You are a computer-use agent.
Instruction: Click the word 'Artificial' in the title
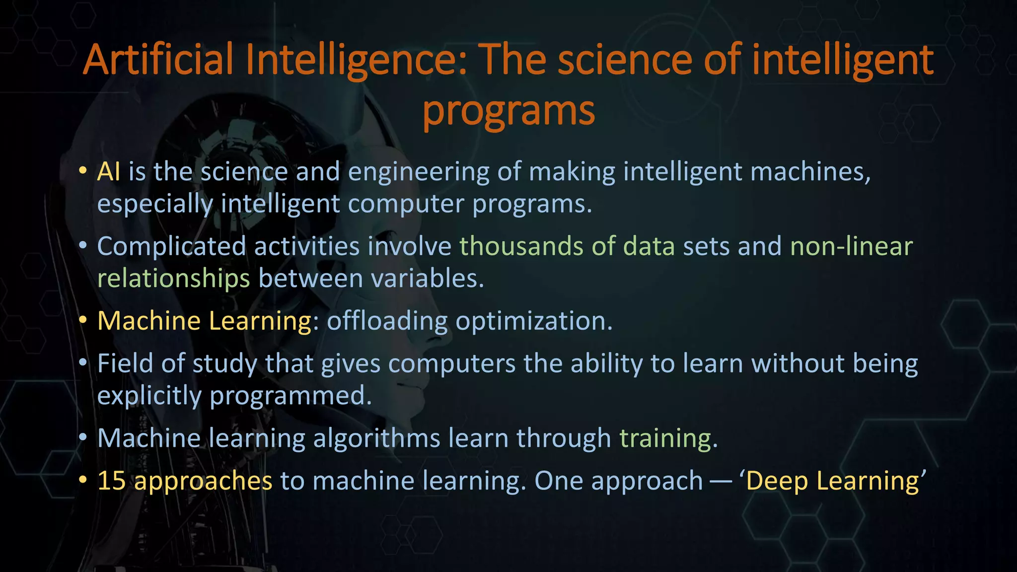(158, 60)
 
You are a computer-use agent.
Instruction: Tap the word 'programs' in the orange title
(508, 111)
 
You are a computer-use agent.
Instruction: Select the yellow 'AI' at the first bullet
(108, 172)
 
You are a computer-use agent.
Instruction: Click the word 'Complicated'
(171, 247)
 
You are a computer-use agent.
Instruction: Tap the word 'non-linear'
(851, 247)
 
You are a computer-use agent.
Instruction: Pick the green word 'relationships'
(173, 279)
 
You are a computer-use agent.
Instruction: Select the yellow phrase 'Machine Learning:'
(208, 321)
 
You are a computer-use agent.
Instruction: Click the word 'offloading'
(387, 321)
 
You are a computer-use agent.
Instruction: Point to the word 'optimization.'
(534, 321)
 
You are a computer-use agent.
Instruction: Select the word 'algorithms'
(376, 438)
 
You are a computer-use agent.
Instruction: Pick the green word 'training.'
(668, 438)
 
